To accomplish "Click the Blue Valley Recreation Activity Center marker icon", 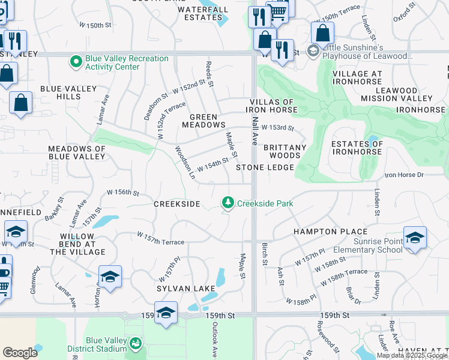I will [x=76, y=61].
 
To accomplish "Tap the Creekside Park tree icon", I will [x=228, y=204].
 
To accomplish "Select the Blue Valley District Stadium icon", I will [x=137, y=343].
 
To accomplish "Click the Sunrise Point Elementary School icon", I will [x=415, y=238].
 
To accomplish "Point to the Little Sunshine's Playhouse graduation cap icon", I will [x=312, y=52].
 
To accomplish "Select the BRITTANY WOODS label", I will [x=285, y=151].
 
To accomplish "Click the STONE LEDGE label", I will [x=265, y=167].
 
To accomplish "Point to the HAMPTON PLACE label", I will [x=330, y=232].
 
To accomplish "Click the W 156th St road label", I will [x=122, y=193].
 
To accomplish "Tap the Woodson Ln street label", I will [x=185, y=163].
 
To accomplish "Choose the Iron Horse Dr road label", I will [x=404, y=175].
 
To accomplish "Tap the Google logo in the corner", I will [x=20, y=353].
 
